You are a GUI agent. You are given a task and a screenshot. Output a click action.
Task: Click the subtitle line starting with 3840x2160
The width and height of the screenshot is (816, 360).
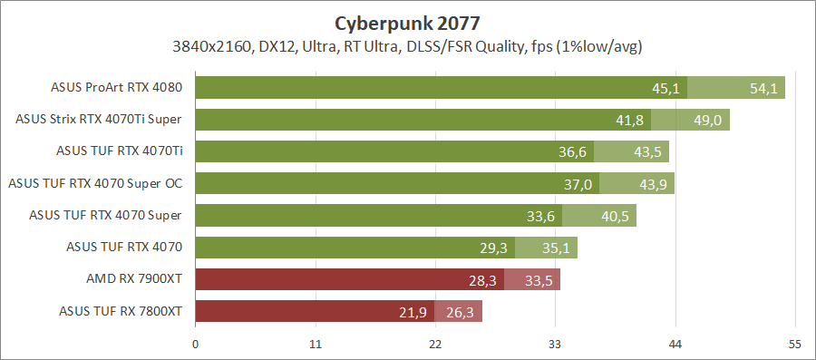click(x=409, y=45)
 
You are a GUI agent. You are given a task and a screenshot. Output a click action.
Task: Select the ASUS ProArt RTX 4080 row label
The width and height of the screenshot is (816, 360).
click(x=118, y=88)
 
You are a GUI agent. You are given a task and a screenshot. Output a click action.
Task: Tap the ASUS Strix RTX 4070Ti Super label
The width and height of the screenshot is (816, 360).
click(x=100, y=119)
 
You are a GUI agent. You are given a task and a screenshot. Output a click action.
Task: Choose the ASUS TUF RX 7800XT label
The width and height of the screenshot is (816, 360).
click(x=121, y=311)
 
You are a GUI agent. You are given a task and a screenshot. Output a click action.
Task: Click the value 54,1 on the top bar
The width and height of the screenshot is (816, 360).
click(x=763, y=88)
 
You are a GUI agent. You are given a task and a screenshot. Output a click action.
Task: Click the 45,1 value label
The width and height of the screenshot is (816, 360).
click(x=665, y=88)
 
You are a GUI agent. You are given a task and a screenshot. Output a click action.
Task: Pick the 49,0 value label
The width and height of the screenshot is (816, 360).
click(x=708, y=120)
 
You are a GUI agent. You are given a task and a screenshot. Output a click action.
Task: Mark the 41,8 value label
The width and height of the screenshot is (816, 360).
click(x=629, y=120)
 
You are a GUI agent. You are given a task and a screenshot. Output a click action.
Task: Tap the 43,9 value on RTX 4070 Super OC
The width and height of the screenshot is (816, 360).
click(x=653, y=184)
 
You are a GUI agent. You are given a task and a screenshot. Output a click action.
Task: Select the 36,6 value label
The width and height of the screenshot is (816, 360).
click(x=573, y=152)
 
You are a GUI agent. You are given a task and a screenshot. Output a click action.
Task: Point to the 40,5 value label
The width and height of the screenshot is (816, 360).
click(x=616, y=216)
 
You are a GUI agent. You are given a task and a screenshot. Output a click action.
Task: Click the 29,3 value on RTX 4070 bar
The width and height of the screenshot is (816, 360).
click(x=493, y=248)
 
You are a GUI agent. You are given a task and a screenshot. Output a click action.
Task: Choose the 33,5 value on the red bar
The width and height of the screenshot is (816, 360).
click(x=539, y=280)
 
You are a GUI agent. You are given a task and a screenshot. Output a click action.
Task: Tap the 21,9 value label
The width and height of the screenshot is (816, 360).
click(x=413, y=312)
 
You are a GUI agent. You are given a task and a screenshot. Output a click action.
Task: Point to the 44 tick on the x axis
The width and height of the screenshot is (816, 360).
click(x=675, y=344)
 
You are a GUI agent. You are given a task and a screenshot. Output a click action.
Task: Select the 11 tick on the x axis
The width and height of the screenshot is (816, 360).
click(x=316, y=344)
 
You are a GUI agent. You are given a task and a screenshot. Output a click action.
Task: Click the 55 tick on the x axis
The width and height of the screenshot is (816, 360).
click(x=795, y=344)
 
